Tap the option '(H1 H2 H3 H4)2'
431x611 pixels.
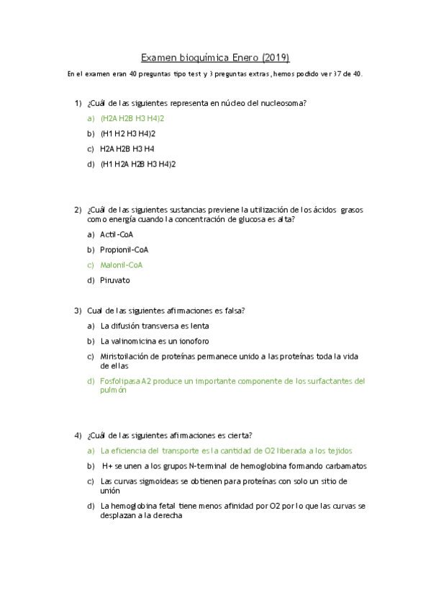pyautogui.click(x=128, y=133)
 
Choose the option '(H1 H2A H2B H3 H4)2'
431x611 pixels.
pyautogui.click(x=138, y=164)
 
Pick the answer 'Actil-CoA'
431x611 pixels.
pyautogui.click(x=117, y=234)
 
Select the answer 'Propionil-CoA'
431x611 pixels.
pyautogui.click(x=124, y=249)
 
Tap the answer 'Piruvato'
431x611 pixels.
pyautogui.click(x=115, y=280)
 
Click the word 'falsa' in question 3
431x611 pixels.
pyautogui.click(x=232, y=311)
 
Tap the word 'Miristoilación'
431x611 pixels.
pyautogui.click(x=124, y=356)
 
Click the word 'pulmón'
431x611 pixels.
pyautogui.click(x=114, y=390)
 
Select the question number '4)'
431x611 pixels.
pyautogui.click(x=78, y=435)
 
